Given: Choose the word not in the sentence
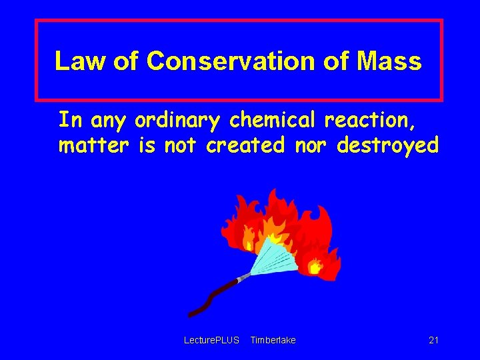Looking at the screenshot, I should [182, 145].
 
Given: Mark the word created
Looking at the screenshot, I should [245, 145].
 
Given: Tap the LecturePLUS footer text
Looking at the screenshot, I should [211, 341].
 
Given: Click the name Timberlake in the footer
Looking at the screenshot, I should [273, 341].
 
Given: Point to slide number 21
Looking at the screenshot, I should [433, 341].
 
